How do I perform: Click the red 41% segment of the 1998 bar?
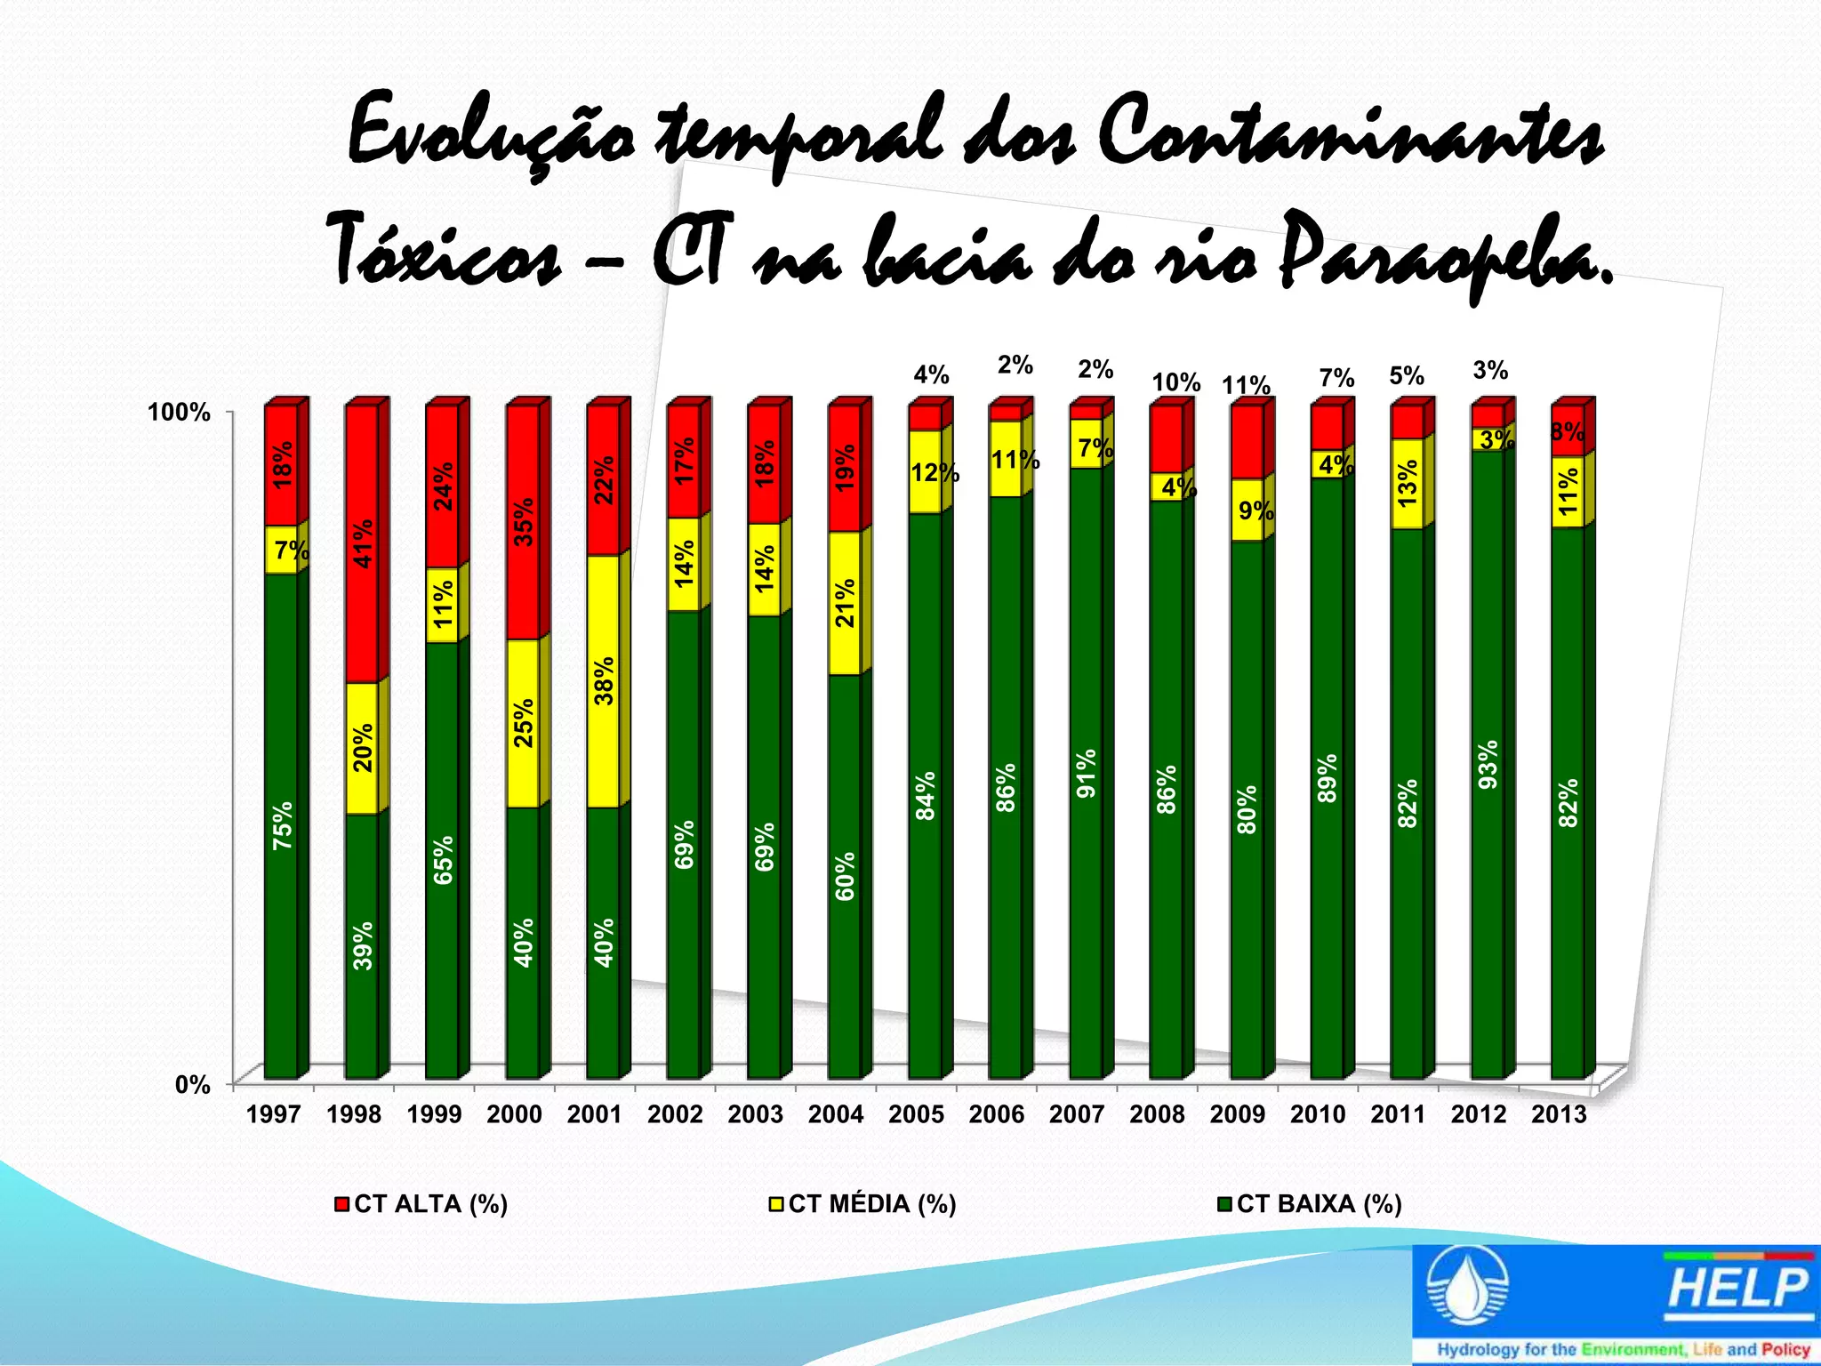362,543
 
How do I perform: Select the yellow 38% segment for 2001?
604,680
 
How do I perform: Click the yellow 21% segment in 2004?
845,602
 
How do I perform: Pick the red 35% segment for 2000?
523,522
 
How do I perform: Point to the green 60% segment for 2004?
845,875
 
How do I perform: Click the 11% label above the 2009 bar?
1245,386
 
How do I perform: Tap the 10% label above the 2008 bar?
1175,382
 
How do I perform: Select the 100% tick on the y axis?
179,413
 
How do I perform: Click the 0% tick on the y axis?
192,1085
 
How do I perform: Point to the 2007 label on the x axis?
1077,1114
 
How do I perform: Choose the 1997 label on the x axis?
273,1114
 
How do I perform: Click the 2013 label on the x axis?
1559,1114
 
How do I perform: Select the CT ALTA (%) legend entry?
421,1204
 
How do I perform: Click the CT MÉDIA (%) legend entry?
863,1204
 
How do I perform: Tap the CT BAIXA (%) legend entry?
1310,1204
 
